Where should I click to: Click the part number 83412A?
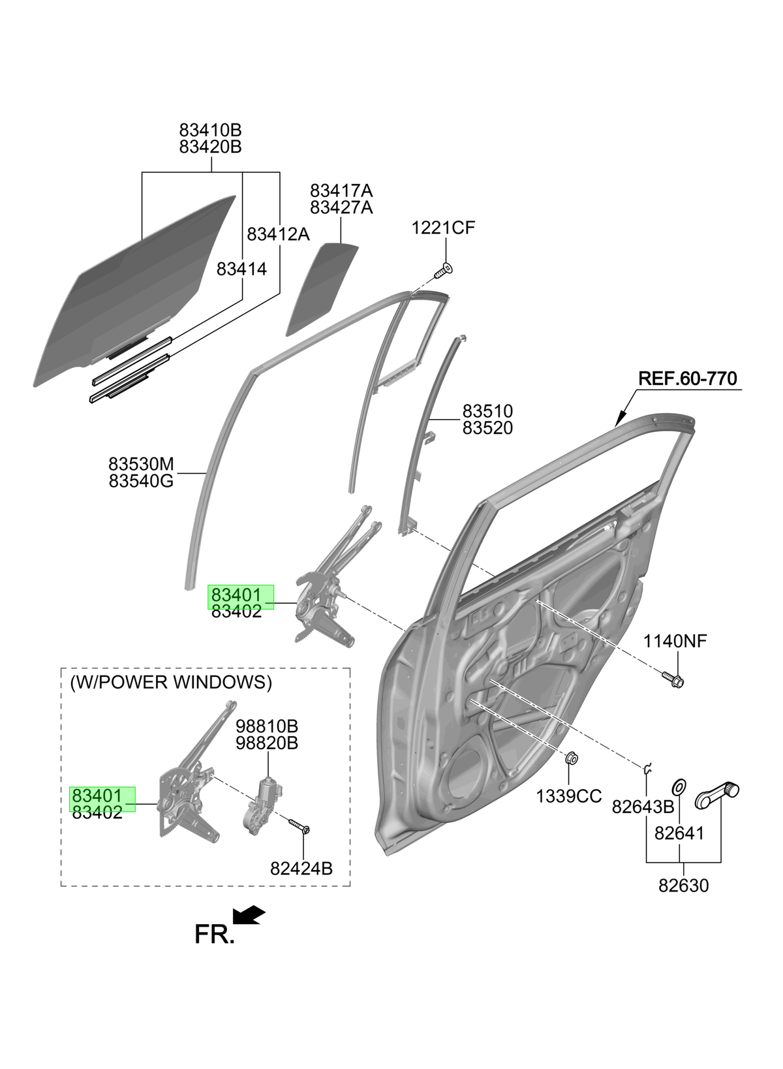[x=278, y=234]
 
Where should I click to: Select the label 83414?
[x=241, y=269]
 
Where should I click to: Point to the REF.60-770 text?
[x=688, y=379]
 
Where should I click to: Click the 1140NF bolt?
[x=673, y=679]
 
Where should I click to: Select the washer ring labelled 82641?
[x=679, y=786]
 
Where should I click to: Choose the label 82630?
[x=683, y=886]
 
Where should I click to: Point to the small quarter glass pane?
[x=322, y=289]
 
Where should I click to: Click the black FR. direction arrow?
[x=248, y=914]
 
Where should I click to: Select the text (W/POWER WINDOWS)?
[x=171, y=683]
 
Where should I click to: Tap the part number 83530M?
[x=141, y=464]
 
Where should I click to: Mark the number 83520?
[x=487, y=428]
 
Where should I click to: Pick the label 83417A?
[x=341, y=191]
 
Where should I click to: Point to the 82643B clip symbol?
[x=647, y=768]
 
